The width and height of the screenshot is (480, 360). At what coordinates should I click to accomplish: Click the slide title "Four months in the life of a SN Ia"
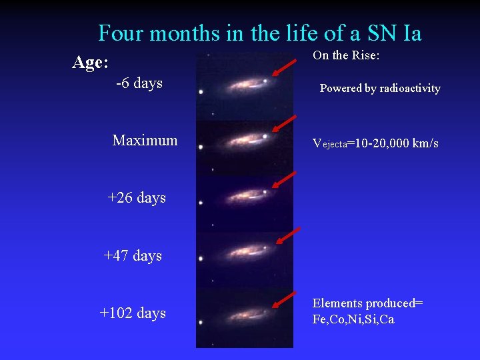[x=259, y=33]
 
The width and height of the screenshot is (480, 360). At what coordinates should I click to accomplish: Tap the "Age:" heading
[x=90, y=63]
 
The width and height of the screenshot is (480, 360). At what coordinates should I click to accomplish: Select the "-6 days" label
[x=139, y=83]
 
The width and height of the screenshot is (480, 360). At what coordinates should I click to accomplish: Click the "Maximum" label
[x=145, y=140]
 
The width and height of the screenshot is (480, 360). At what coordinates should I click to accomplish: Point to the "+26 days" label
[x=137, y=198]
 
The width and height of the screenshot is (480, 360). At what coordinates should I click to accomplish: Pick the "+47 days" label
[x=133, y=255]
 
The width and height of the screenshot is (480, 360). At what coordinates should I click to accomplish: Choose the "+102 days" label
[x=133, y=313]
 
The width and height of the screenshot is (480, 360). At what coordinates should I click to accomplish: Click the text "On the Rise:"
[x=346, y=55]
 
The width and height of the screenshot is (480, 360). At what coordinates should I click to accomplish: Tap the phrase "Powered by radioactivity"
[x=380, y=88]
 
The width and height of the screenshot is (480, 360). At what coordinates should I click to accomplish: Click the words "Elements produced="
[x=367, y=303]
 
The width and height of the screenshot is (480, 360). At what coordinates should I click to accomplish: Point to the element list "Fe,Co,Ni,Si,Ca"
[x=353, y=319]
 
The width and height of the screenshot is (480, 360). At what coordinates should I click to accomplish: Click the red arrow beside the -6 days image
[x=286, y=68]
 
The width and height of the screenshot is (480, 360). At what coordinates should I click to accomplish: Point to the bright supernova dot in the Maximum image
[x=265, y=137]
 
